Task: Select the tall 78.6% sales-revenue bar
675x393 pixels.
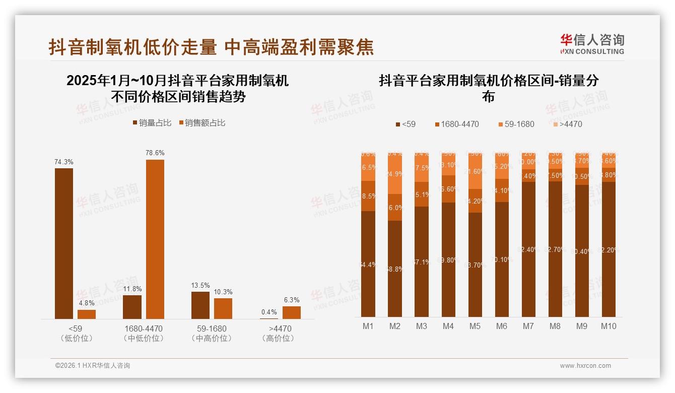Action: tap(155, 239)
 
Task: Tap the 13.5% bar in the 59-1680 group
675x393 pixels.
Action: tap(200, 305)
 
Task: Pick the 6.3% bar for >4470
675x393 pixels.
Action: tap(292, 313)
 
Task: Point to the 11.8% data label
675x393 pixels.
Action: tap(132, 289)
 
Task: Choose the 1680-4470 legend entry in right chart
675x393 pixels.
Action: tap(456, 124)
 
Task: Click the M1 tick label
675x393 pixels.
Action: tap(368, 326)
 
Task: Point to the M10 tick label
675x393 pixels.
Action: tap(608, 326)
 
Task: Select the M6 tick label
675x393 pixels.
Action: tap(502, 326)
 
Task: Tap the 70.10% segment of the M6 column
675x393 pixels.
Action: tap(502, 259)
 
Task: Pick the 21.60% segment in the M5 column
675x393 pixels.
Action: tap(475, 171)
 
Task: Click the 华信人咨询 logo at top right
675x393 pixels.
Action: tap(592, 43)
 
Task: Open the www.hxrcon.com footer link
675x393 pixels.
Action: tap(585, 366)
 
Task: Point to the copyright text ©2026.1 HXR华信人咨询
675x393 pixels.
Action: tap(93, 366)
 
